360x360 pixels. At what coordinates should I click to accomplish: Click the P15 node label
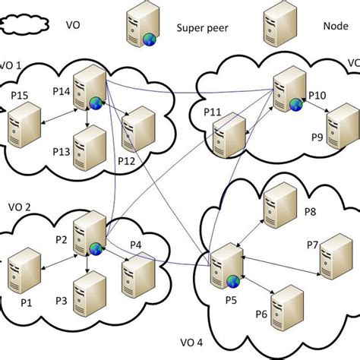[20, 95]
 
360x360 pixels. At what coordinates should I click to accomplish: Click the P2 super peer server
[88, 236]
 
